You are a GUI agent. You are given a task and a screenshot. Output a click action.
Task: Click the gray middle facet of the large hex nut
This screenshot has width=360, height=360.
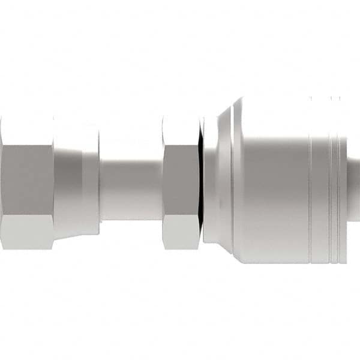tap(27, 180)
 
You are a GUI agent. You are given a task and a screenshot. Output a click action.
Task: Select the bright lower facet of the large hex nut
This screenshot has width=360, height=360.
tap(27, 231)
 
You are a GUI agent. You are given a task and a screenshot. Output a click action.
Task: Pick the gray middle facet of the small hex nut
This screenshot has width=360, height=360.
tap(181, 180)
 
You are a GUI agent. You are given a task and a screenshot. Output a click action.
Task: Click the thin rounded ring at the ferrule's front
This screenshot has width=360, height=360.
tap(209, 180)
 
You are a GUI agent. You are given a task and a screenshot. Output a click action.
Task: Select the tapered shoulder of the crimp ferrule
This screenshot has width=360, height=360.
tap(225, 180)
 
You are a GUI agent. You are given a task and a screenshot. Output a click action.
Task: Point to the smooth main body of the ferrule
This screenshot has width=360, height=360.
tap(273, 180)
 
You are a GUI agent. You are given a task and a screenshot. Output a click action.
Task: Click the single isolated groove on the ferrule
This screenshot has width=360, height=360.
tap(310, 180)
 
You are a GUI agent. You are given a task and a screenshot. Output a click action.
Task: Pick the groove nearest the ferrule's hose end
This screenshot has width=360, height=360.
tap(340, 180)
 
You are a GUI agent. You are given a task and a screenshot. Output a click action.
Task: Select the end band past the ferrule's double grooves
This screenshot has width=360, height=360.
tap(344, 180)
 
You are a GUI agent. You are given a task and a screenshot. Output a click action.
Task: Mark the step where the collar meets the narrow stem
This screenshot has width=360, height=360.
tap(100, 180)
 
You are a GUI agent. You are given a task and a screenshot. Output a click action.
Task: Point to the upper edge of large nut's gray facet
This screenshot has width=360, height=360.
tap(27, 145)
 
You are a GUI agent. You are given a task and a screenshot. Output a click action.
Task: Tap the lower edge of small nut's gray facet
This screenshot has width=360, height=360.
tap(181, 215)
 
